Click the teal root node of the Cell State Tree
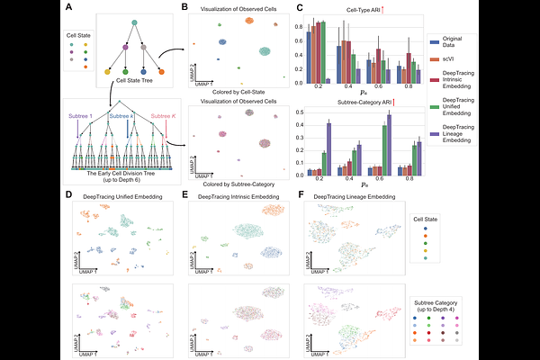click(134, 21)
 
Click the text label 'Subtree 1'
click(78, 115)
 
